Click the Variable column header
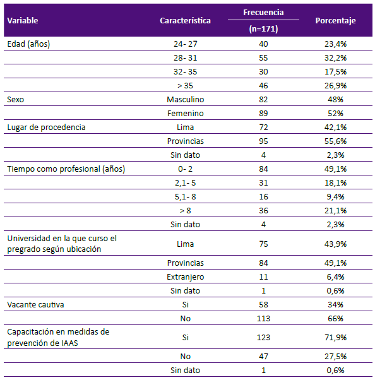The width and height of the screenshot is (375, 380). tap(23, 21)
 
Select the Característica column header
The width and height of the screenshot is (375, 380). tap(185, 21)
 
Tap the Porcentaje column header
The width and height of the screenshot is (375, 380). tap(335, 21)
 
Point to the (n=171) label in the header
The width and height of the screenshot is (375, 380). tap(263, 29)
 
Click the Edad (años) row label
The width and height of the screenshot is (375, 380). tap(28, 44)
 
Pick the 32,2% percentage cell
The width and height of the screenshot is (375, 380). tap(335, 58)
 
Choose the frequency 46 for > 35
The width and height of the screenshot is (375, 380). tap(263, 86)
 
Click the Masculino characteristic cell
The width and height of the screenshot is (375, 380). tap(186, 99)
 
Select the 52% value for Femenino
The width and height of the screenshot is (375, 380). tap(335, 113)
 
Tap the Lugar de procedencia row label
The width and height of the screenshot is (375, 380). tap(46, 128)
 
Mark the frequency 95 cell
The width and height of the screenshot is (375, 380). tap(263, 141)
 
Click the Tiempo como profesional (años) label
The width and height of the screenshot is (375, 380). tap(66, 169)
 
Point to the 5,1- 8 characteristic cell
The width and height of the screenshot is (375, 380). tap(186, 196)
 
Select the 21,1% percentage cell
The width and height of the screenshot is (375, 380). tap(335, 210)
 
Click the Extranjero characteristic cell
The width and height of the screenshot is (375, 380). tap(186, 276)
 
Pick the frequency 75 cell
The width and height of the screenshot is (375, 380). tap(263, 244)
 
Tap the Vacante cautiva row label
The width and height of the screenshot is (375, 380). tap(35, 305)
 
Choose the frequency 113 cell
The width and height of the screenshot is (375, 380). tap(263, 318)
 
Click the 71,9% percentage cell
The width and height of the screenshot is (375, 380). tap(335, 337)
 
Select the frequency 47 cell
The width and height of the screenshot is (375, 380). tap(263, 356)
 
